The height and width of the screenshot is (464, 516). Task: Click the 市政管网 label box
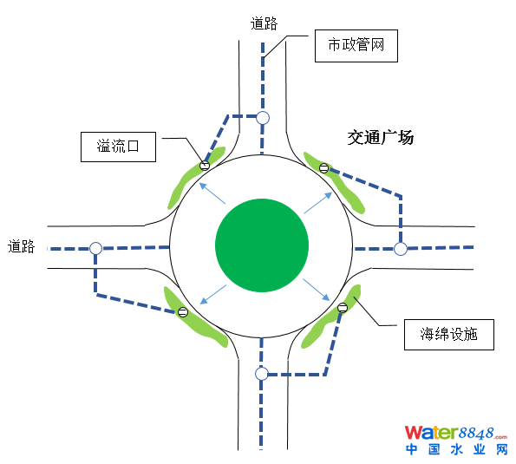[x=356, y=46]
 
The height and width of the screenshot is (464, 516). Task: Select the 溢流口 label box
[x=118, y=147]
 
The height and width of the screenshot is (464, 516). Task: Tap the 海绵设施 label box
[x=449, y=335]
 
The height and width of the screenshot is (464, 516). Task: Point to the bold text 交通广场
[x=381, y=137]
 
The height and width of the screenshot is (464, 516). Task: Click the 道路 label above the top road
[x=264, y=23]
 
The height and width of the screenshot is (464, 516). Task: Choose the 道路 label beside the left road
[x=22, y=246]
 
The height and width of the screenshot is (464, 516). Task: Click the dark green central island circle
[x=262, y=245]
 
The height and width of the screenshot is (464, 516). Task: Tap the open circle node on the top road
[x=263, y=118]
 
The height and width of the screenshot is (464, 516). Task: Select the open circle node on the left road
[x=95, y=248]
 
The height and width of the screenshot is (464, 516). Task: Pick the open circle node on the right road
[x=401, y=249]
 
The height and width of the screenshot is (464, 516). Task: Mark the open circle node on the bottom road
[x=262, y=374]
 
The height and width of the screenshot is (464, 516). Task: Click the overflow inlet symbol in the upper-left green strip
[x=205, y=165]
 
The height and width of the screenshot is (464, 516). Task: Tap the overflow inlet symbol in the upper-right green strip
[x=323, y=168]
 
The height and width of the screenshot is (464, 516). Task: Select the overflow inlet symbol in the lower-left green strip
[x=183, y=311]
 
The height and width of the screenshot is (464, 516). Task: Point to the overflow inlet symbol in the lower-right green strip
[x=343, y=308]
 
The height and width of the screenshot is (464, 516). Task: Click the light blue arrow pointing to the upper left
[x=212, y=193]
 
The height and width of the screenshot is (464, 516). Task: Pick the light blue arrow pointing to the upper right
[x=318, y=203]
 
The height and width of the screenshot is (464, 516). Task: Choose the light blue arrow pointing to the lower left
[x=213, y=294]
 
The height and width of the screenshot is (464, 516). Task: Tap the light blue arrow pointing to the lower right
[x=317, y=290]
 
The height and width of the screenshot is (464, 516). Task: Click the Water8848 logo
[x=456, y=441]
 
